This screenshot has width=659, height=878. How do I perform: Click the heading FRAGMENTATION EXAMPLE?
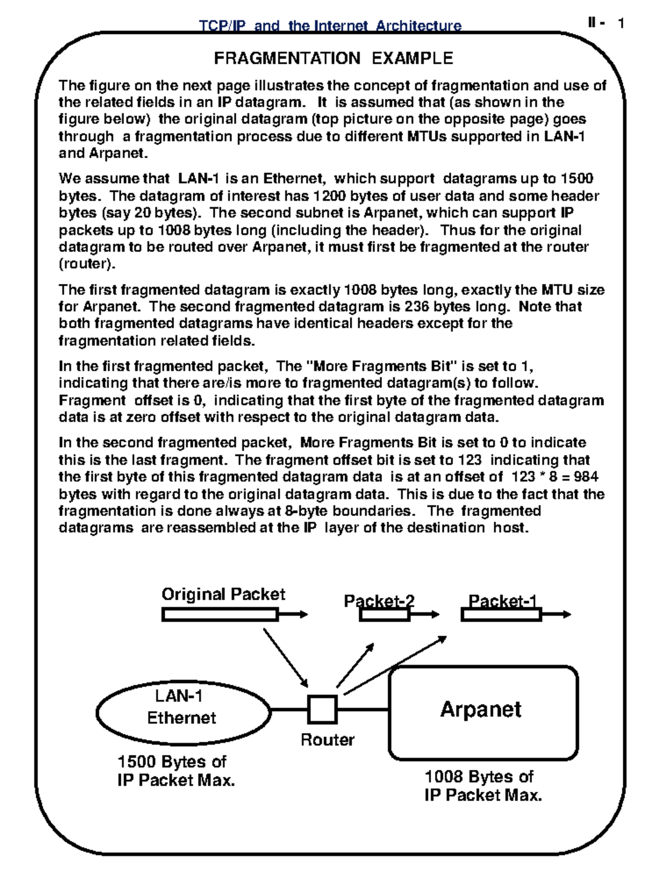(333, 58)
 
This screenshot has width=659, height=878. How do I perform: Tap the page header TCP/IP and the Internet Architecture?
(329, 26)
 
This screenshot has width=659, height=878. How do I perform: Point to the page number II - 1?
(605, 23)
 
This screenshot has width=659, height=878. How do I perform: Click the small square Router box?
(322, 709)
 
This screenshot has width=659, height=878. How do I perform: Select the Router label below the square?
(327, 740)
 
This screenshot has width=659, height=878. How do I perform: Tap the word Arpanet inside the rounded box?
(481, 709)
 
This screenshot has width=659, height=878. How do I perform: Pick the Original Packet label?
(223, 594)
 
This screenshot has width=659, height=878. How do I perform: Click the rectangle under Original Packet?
(220, 615)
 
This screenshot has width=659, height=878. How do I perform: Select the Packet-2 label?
(379, 601)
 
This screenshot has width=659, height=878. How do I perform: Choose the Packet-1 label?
(502, 601)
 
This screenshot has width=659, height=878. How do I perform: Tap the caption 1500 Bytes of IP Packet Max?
(176, 771)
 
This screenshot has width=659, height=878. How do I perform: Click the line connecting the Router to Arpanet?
(363, 709)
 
